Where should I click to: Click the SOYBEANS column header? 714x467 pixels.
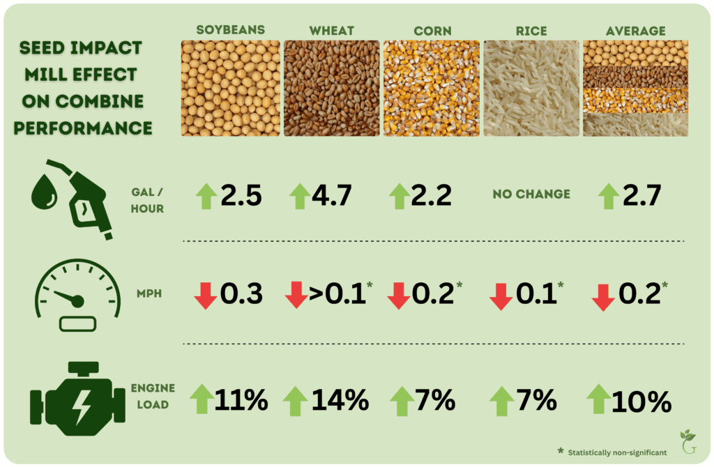point(230,31)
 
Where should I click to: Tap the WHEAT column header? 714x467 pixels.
point(332,31)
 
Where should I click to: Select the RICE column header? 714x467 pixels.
point(532,31)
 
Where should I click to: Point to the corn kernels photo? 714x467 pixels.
point(432,87)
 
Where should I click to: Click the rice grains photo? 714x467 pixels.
point(532,87)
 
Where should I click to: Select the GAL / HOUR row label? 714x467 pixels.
point(147,199)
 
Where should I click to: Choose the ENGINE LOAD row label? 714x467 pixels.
point(153,395)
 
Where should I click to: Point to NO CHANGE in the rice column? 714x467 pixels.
point(531,194)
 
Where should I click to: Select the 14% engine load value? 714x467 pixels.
point(340,399)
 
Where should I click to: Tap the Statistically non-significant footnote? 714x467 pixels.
point(612,452)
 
